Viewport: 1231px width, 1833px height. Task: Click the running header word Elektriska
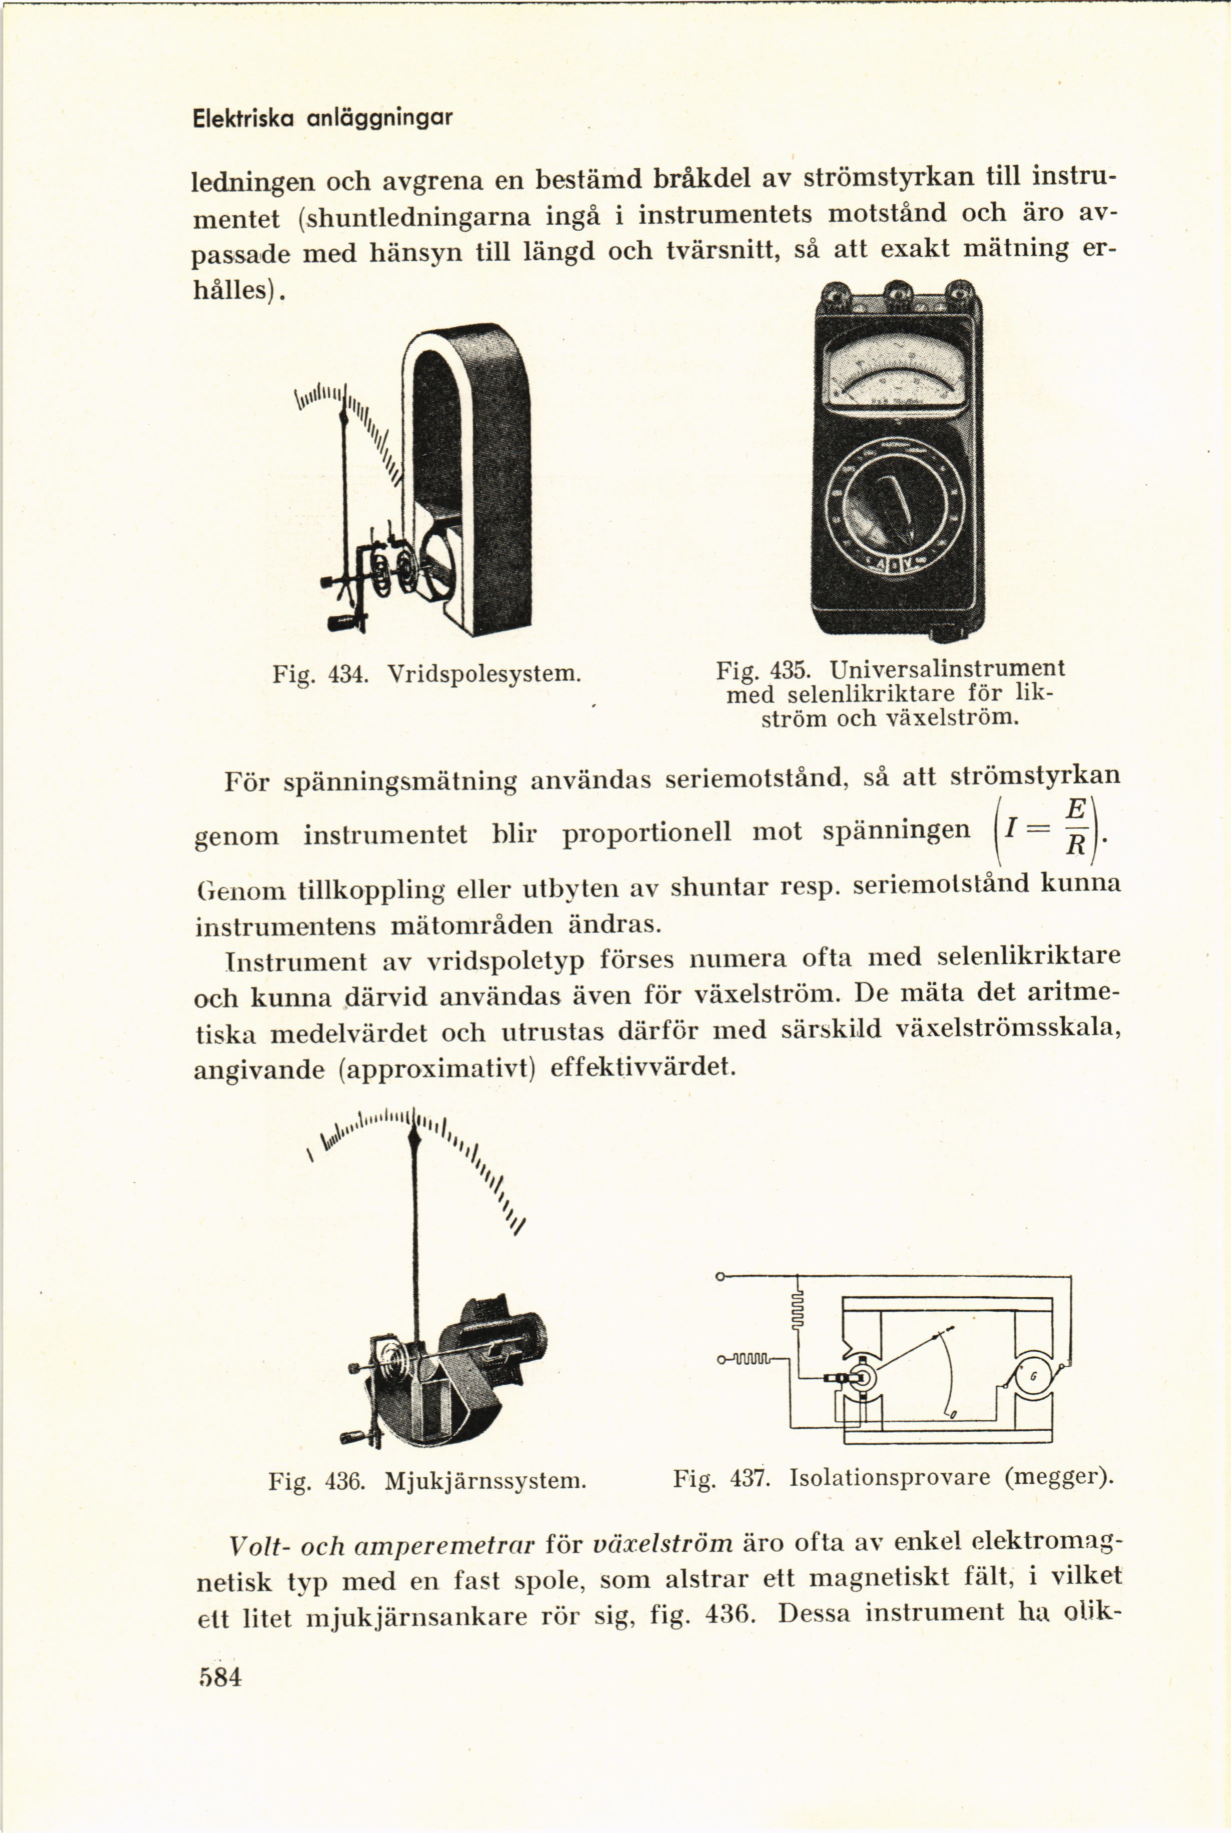pos(243,119)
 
